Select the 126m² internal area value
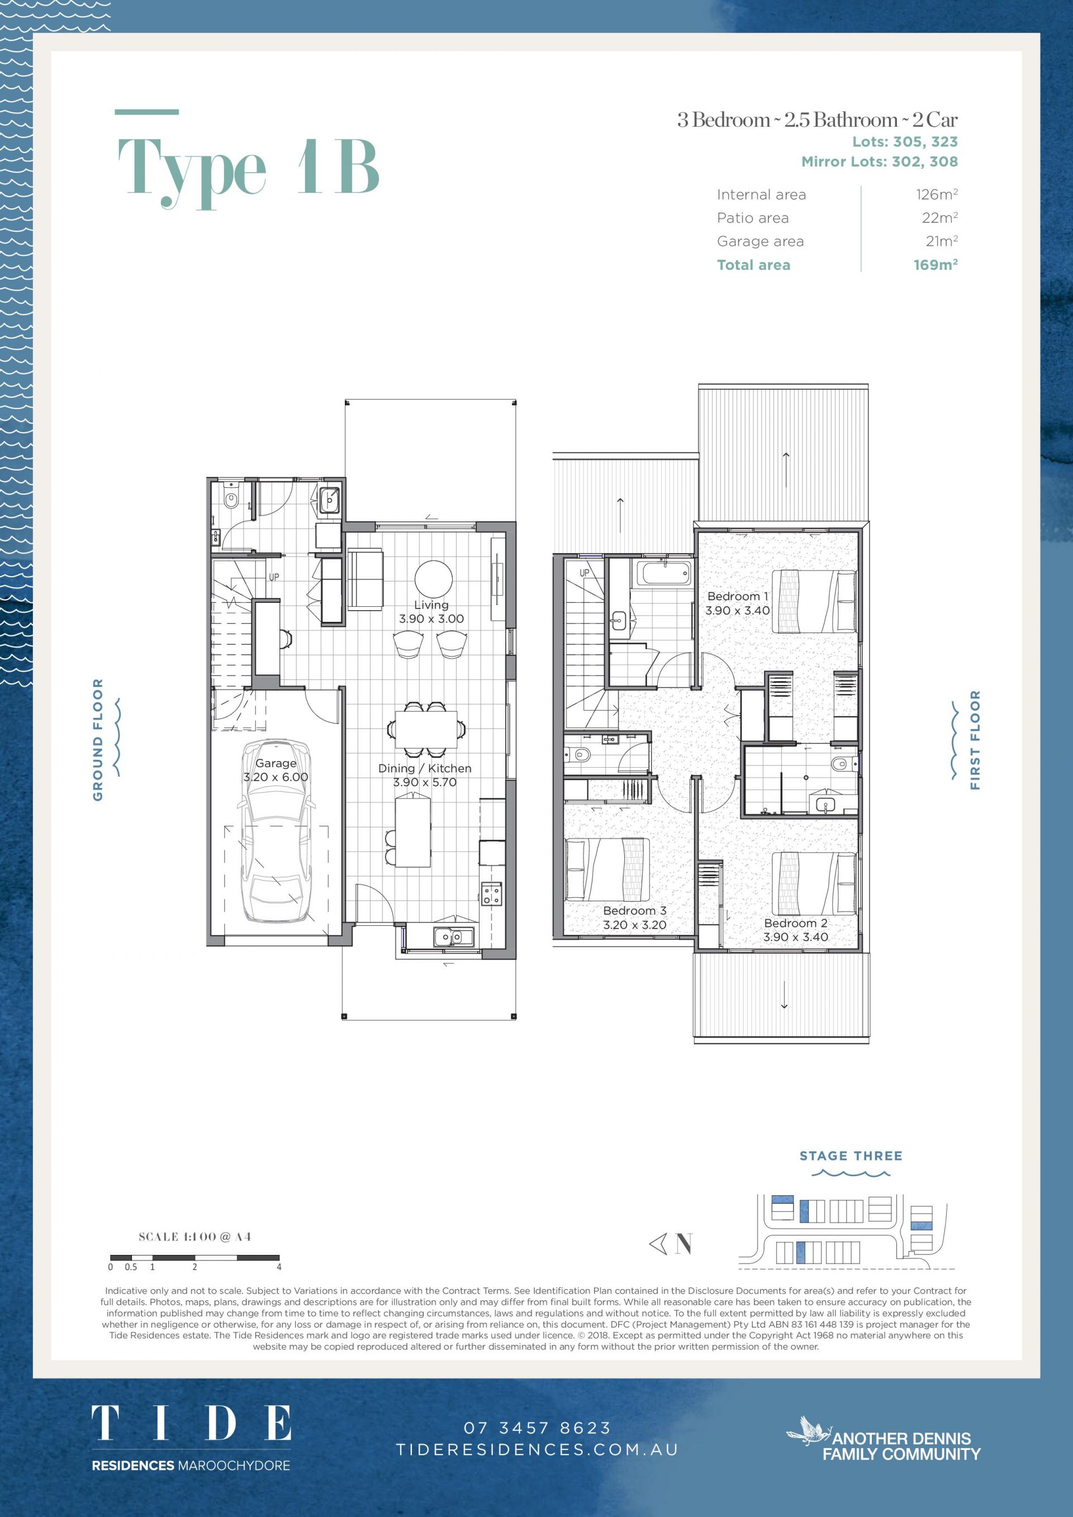[x=936, y=194]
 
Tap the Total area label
[x=753, y=265]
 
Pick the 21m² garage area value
[x=942, y=241]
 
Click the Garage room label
[x=276, y=763]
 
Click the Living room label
[x=431, y=605]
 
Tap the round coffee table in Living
[x=434, y=579]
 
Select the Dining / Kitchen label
[x=425, y=768]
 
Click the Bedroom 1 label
[x=737, y=596]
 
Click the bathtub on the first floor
[x=664, y=572]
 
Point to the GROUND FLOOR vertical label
[x=98, y=739]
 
